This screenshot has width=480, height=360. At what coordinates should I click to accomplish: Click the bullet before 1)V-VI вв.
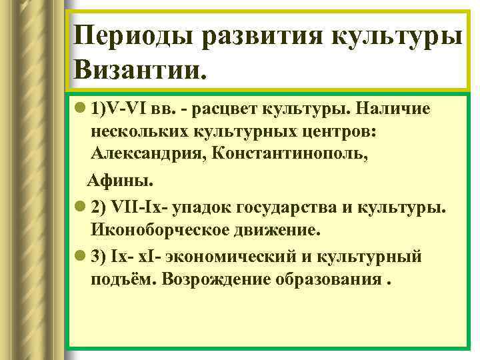[x=80, y=110]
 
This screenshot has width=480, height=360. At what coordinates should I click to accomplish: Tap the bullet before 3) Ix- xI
[x=80, y=257]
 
